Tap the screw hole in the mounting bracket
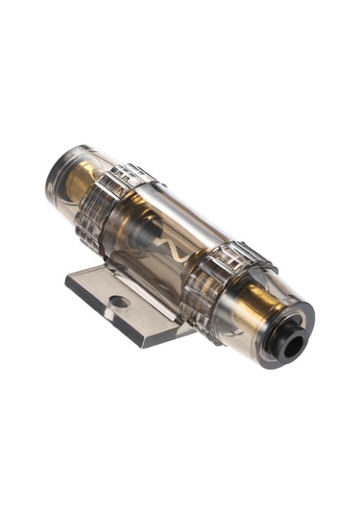(118, 302)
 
